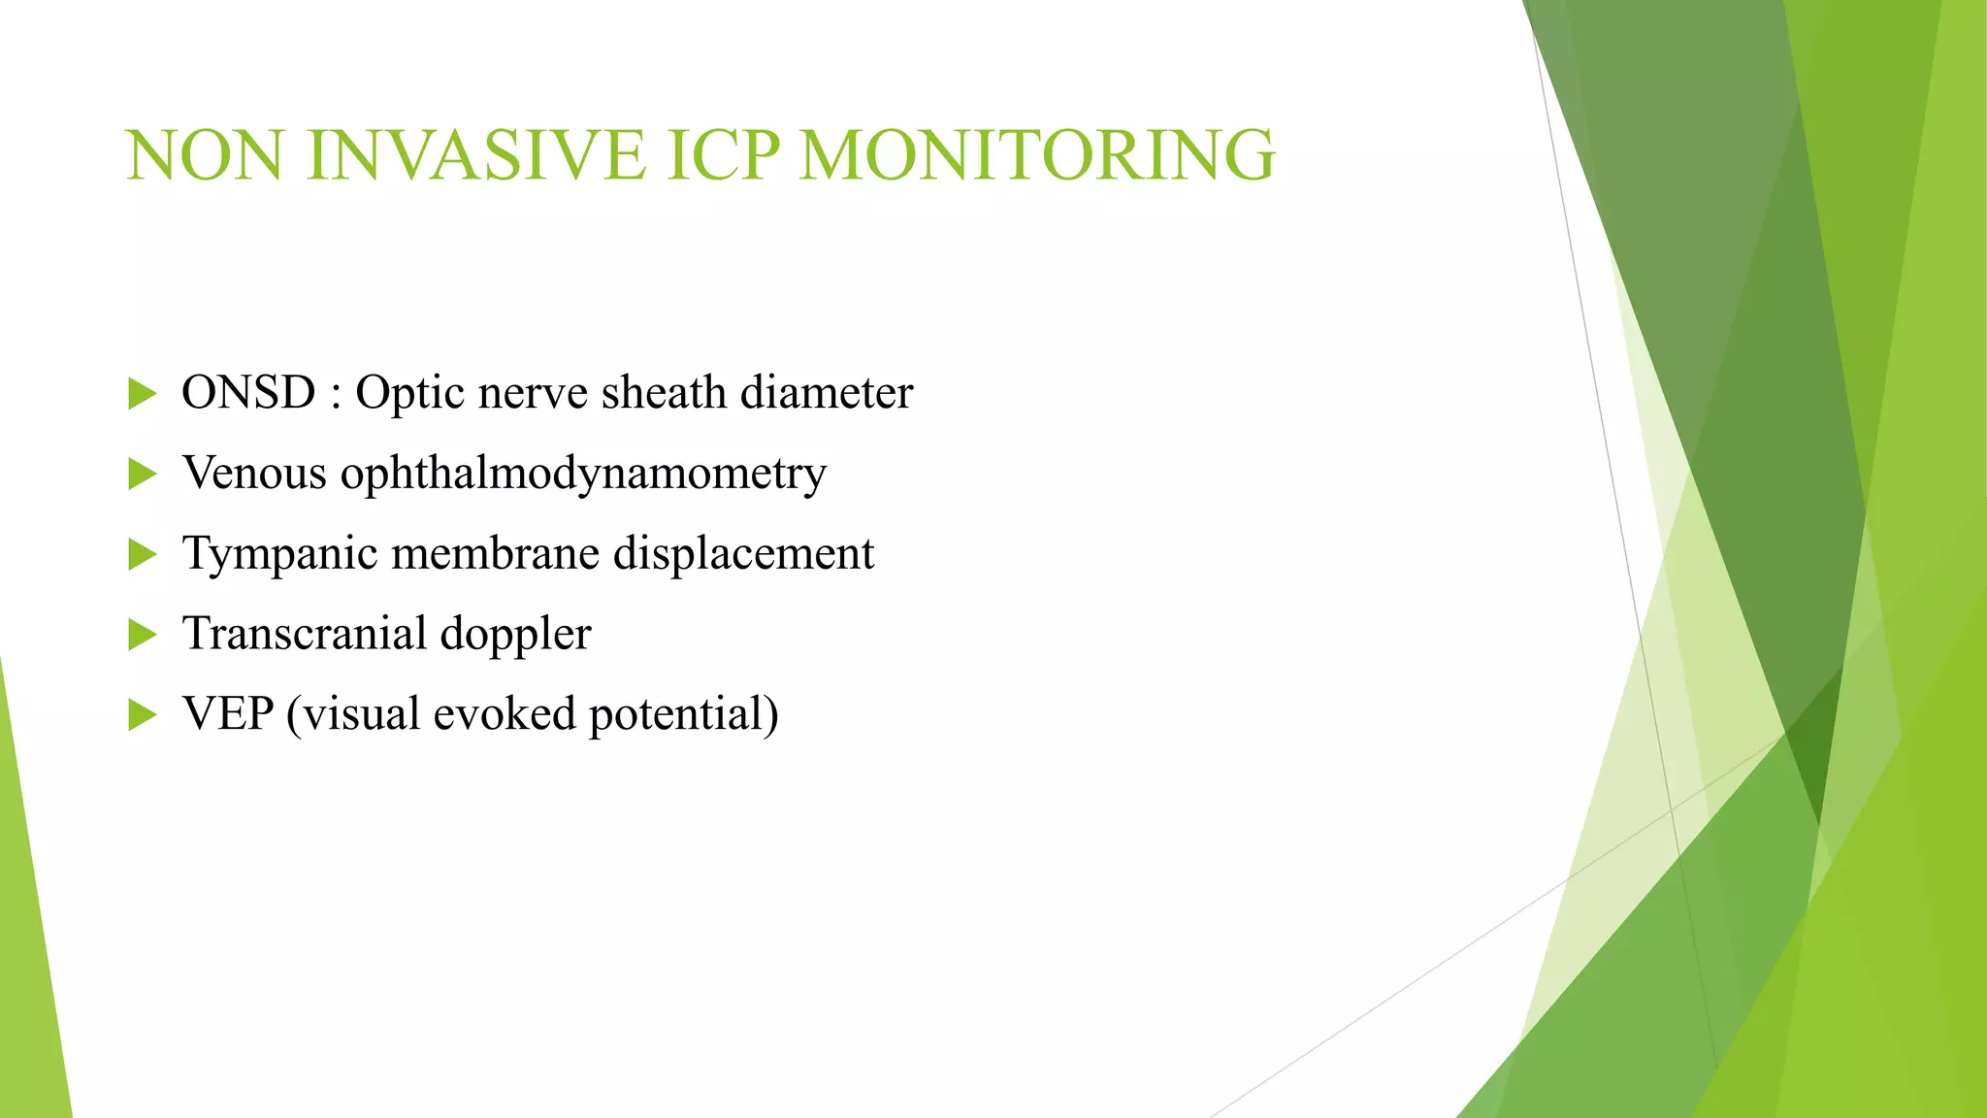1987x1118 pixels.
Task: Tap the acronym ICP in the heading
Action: click(x=723, y=155)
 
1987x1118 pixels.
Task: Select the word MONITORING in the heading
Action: click(x=1037, y=155)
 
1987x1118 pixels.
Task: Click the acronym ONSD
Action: click(x=248, y=393)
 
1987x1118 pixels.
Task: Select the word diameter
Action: click(x=827, y=393)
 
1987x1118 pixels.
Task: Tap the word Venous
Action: click(x=254, y=474)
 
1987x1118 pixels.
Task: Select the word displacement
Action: click(x=743, y=555)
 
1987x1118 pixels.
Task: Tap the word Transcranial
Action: click(x=305, y=634)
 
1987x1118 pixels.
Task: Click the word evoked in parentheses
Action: click(x=505, y=714)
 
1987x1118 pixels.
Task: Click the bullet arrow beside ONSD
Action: click(x=142, y=394)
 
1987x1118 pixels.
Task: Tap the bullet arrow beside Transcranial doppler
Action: click(x=142, y=635)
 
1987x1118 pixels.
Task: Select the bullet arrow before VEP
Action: click(x=142, y=715)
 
